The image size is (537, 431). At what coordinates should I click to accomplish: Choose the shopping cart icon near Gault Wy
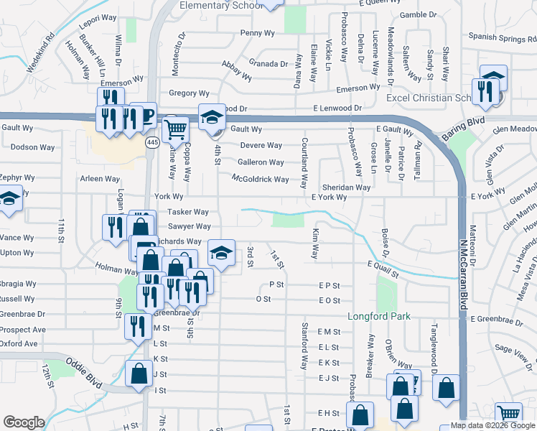[175, 129]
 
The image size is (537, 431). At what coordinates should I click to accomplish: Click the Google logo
[24, 422]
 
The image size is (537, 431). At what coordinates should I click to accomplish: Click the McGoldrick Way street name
[260, 179]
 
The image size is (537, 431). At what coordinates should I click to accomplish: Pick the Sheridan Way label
[346, 187]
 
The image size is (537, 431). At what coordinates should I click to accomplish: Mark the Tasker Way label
[188, 212]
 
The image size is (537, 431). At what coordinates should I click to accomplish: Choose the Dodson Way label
[33, 147]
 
